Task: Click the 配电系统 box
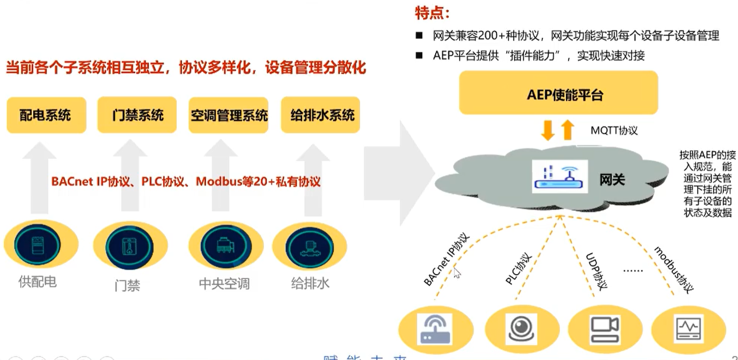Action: (46, 115)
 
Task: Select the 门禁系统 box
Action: (137, 115)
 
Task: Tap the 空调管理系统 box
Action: (229, 115)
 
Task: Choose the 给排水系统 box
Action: (321, 115)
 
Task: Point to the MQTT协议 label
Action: (614, 131)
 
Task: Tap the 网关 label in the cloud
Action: (612, 179)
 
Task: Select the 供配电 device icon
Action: (37, 245)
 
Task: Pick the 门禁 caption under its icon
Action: (127, 285)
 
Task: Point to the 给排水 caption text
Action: (310, 283)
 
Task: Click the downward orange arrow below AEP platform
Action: (548, 130)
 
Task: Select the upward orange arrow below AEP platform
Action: (568, 130)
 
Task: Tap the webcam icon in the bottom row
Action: (522, 329)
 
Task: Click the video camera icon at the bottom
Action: (605, 329)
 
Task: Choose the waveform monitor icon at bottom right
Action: (688, 329)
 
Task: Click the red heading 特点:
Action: (431, 13)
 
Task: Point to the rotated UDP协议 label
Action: (596, 271)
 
